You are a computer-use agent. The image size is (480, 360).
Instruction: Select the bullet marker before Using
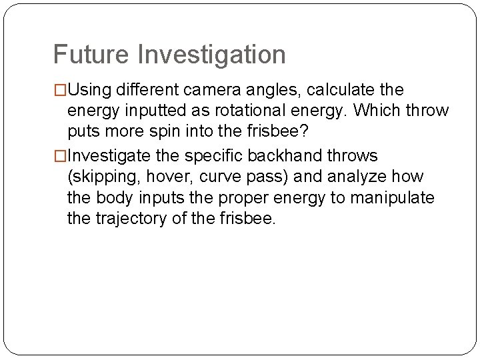point(60,90)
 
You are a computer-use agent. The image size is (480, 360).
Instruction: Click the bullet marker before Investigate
point(60,156)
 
